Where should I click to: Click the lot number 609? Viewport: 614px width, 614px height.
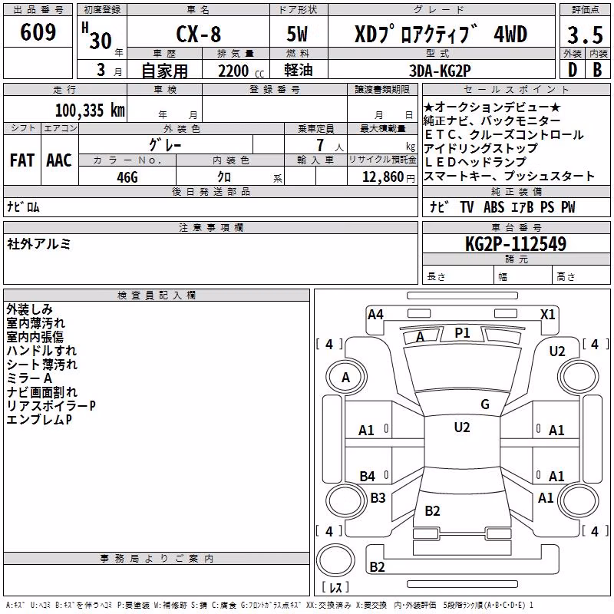coord(38,32)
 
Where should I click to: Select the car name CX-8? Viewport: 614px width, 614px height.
coord(199,34)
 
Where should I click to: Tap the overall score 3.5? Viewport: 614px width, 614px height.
coord(585,35)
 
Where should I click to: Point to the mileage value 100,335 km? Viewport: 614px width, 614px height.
coord(90,111)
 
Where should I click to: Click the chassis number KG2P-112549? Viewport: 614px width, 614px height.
coord(516,244)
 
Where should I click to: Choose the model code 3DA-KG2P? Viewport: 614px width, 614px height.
coord(440,71)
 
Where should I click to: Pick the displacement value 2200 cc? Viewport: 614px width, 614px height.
coord(241,71)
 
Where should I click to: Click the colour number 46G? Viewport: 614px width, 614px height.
coord(127,177)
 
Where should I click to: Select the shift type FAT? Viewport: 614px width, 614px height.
coord(22,160)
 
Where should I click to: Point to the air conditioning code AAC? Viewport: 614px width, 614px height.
coord(59,160)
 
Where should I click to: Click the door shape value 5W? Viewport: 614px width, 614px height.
coord(297,34)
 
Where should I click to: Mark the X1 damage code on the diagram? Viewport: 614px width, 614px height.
coord(547,315)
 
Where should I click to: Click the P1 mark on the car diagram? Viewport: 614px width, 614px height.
coord(462,333)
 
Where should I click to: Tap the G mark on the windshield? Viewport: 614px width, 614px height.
coord(485,404)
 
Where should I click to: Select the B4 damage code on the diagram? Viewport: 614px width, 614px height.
coord(368,476)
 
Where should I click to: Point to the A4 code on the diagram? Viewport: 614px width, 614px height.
coord(375,315)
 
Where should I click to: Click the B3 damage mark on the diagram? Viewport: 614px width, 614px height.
coord(378,497)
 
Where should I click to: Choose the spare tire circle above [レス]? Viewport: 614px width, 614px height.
coord(335,560)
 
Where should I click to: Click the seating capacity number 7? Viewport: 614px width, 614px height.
coord(320,145)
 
